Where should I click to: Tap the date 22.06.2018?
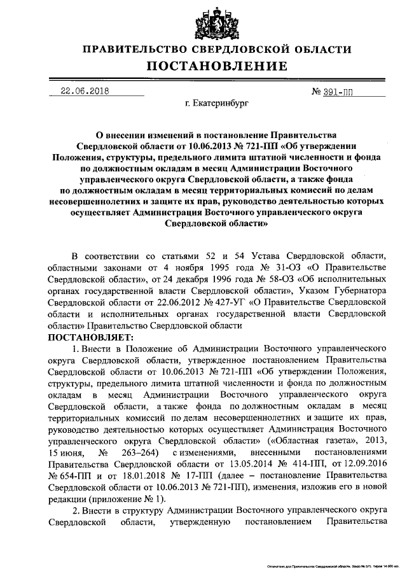tap(82, 90)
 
